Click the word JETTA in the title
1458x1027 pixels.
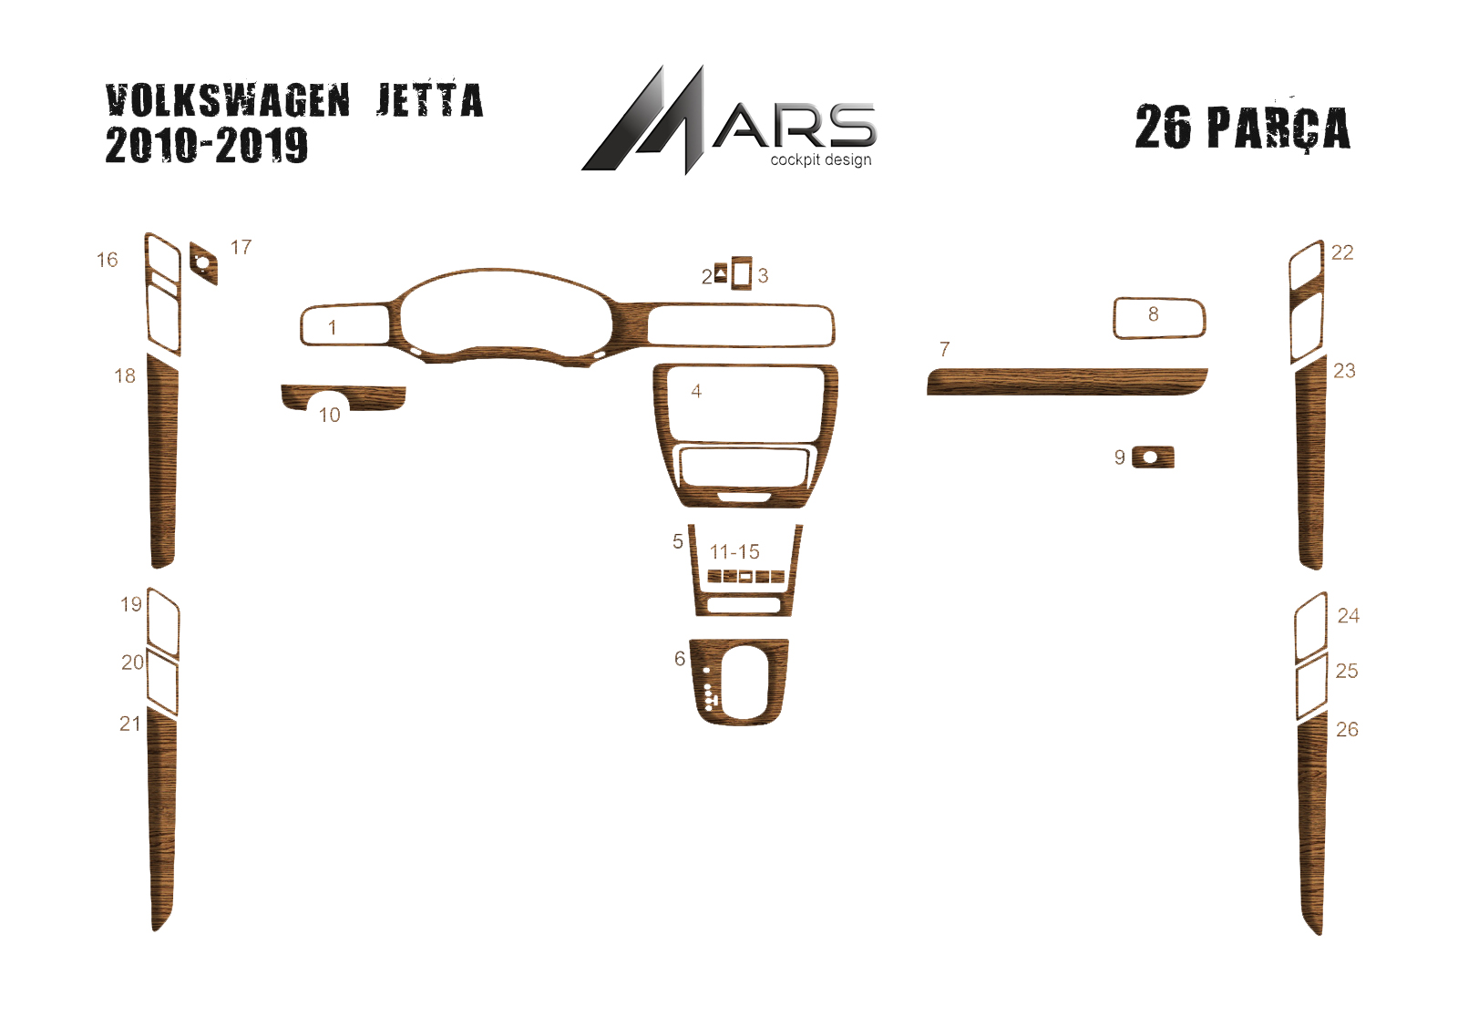[x=429, y=101]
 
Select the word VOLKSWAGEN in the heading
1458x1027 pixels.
[x=228, y=101]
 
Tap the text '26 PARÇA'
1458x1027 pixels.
[x=1243, y=128]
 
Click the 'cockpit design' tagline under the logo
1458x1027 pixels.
[x=821, y=160]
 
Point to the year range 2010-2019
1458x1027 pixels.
[x=206, y=145]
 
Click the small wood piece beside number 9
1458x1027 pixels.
[x=1153, y=457]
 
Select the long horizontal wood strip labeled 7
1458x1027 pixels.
[x=1067, y=382]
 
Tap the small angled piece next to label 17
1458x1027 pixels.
[x=204, y=263]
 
